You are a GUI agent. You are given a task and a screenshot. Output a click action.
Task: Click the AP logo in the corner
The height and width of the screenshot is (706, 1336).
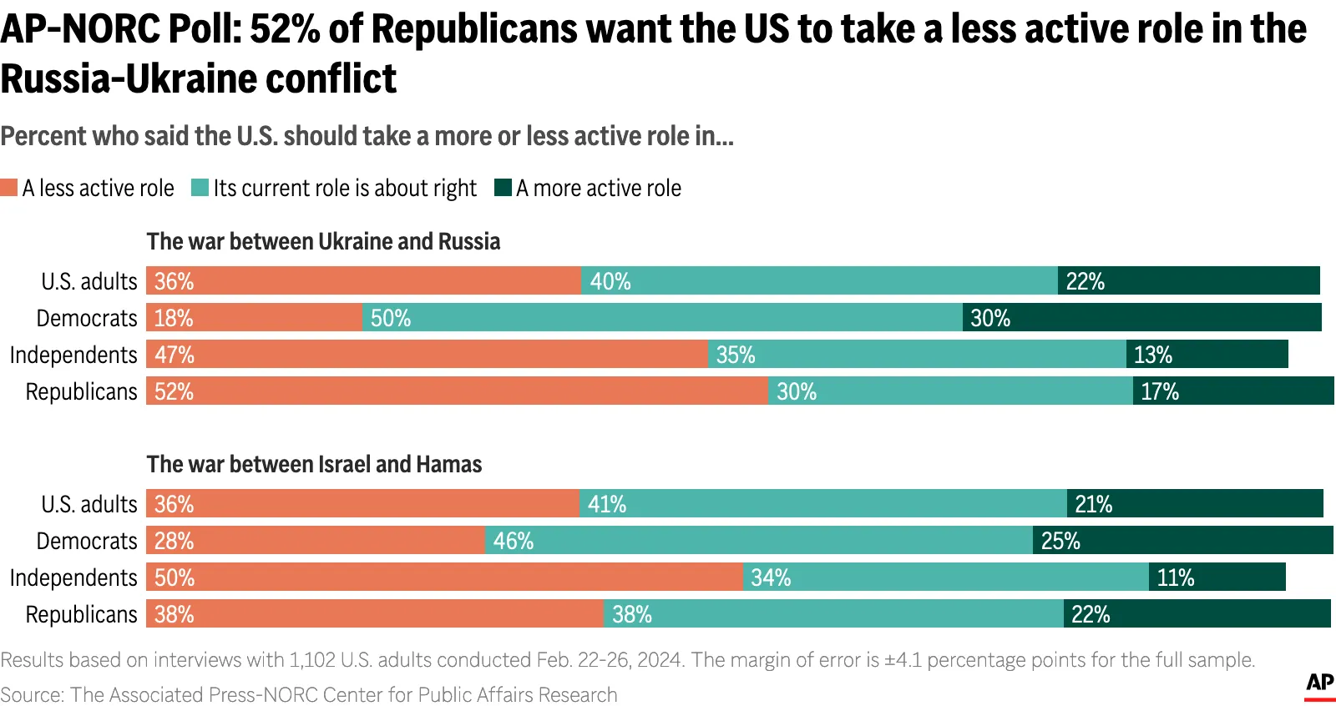[x=1319, y=683]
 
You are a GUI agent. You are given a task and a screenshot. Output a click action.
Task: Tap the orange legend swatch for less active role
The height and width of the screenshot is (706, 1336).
[x=9, y=188]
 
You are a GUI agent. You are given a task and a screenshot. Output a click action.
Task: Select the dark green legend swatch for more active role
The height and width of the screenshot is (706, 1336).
[x=503, y=188]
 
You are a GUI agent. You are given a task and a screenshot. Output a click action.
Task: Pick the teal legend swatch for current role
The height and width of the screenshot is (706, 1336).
[x=200, y=188]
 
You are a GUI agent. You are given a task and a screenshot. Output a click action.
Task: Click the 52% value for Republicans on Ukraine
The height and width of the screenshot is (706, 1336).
[x=174, y=391]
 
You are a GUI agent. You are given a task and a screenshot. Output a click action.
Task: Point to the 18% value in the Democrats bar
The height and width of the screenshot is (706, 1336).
[x=174, y=318]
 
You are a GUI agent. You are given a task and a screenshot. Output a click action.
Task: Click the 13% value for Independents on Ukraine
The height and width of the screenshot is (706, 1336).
[x=1152, y=355]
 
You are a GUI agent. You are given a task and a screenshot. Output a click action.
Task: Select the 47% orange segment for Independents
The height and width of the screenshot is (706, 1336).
[x=427, y=355]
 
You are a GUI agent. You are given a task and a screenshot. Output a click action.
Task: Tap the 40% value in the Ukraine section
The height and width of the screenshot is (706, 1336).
[x=610, y=281]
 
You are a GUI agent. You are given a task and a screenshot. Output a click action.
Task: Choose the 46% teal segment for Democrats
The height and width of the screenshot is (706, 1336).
[x=758, y=541]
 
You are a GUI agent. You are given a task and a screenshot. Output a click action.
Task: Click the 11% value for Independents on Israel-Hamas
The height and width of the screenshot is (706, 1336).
[x=1175, y=577]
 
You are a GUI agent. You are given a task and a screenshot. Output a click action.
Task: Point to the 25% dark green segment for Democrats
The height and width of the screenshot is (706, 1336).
[x=1182, y=541]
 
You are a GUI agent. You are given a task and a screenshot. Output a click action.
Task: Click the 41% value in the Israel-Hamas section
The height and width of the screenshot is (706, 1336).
[x=607, y=504]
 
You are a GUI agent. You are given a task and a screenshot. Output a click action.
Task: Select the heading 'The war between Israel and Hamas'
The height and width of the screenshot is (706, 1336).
[x=314, y=464]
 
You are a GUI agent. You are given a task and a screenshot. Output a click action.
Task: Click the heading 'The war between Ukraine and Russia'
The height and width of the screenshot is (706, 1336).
[x=323, y=241]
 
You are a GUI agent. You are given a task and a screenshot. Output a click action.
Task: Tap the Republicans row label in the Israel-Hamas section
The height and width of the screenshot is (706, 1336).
[x=81, y=614]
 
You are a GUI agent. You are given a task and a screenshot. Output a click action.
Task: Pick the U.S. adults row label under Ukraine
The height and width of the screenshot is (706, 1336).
[x=89, y=281]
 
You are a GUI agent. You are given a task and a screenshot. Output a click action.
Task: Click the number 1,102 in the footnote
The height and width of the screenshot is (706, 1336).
[x=312, y=660]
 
